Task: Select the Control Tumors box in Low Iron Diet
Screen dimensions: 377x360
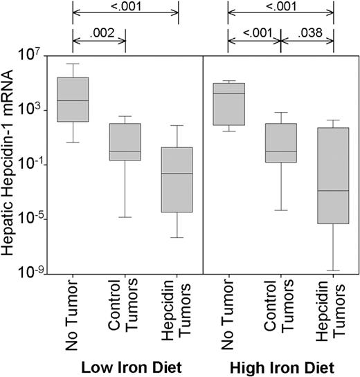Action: [125, 142]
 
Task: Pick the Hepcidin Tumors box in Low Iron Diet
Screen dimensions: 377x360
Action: [178, 179]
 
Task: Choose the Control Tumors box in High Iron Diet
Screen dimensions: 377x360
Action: [281, 142]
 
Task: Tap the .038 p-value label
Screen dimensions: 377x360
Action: [307, 33]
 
